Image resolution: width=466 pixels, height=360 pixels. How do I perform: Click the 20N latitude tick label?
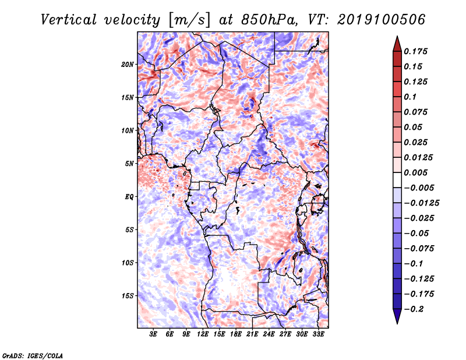128,65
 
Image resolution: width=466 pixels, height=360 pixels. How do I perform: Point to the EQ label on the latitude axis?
129,197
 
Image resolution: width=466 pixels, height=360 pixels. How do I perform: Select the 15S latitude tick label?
128,296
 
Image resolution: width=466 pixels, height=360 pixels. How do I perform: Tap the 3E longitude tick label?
153,334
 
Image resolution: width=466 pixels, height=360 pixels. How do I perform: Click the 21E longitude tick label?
252,334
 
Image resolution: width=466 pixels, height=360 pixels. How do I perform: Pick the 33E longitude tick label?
318,334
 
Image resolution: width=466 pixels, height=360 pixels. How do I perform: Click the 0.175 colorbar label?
415,51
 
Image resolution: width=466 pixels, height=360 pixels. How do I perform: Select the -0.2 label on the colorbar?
414,309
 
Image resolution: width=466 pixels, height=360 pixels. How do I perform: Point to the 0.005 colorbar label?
415,172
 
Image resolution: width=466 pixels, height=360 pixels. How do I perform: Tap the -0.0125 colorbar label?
421,203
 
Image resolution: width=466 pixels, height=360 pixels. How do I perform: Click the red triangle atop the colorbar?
397,44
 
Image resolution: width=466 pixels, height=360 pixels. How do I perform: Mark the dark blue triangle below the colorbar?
397,316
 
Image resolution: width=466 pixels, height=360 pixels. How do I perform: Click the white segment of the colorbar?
397,180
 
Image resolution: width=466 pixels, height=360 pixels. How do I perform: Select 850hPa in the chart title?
269,20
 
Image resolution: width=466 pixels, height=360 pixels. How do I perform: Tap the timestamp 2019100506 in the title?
382,20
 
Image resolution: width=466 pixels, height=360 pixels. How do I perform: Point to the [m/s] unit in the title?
189,20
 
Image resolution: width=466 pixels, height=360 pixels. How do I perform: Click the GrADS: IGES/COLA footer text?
33,355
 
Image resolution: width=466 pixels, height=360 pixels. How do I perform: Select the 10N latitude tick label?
128,130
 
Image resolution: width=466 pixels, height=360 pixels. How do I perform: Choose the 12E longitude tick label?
203,334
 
